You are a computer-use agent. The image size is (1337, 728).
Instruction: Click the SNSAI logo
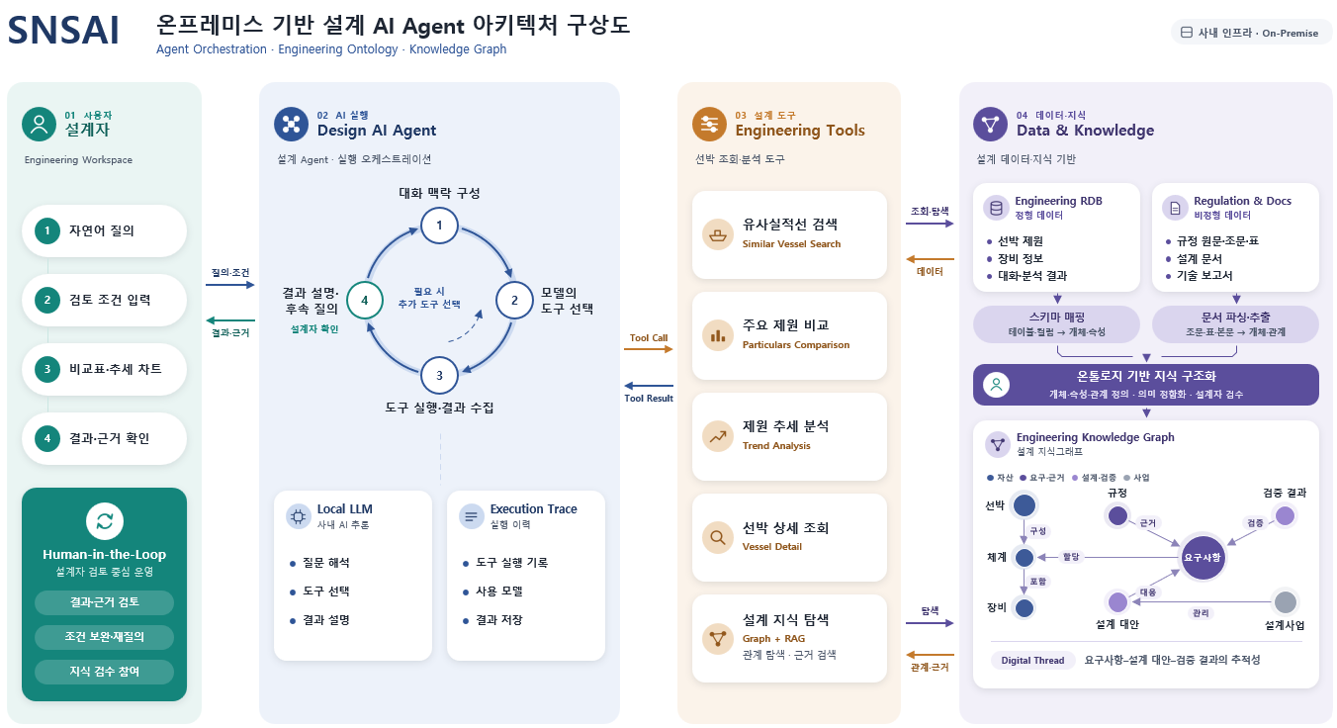point(63,31)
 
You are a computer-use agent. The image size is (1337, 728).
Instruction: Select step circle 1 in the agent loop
point(439,226)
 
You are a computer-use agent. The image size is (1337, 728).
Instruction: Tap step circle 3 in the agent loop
point(439,375)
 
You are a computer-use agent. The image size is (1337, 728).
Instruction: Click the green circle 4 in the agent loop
point(365,300)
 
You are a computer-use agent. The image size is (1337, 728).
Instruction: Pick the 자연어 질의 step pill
point(104,230)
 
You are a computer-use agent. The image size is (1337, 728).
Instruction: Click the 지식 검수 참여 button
point(104,672)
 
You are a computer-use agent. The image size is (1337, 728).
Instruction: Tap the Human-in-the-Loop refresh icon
point(105,521)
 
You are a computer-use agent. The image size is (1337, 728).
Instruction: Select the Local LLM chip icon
point(298,516)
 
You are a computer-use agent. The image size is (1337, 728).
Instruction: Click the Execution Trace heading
point(534,508)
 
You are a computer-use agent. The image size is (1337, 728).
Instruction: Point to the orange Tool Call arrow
point(648,349)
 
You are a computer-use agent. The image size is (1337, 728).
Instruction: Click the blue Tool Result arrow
point(648,386)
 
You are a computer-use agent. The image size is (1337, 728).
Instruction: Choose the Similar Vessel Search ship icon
point(717,234)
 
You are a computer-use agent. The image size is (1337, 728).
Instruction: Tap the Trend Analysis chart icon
point(717,436)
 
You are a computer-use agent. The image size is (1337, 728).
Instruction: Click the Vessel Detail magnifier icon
point(717,537)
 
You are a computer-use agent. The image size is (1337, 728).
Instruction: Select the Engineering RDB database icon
point(996,208)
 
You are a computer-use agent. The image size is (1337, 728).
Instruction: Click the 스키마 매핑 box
point(1056,324)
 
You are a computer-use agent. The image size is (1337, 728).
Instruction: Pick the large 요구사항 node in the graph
point(1203,557)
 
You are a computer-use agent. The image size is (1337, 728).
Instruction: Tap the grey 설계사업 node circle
point(1285,602)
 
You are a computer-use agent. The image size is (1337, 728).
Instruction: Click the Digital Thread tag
point(1032,660)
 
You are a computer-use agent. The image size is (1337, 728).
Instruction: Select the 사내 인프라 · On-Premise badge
point(1250,33)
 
